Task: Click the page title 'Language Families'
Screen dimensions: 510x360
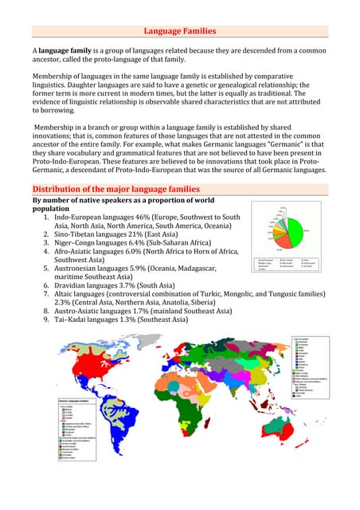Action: click(179, 31)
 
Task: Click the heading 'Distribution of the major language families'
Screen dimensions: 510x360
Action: click(115, 189)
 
